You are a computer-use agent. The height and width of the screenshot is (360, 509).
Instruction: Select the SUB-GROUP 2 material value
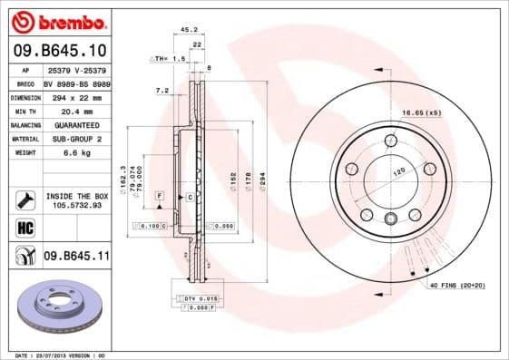point(72,138)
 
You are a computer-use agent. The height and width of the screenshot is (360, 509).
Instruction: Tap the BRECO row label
point(26,82)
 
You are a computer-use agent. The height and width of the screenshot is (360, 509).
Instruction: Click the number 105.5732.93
point(76,204)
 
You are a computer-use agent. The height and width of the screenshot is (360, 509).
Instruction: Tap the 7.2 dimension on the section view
point(162,91)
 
